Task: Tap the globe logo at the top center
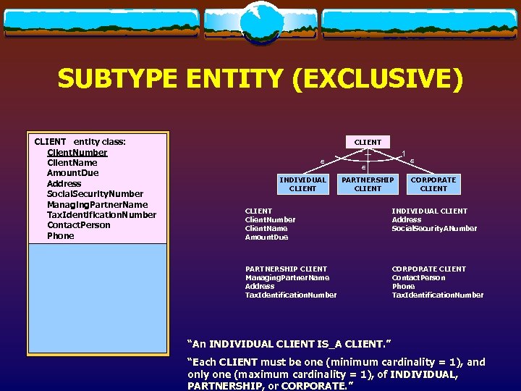point(260,22)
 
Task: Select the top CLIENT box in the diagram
point(368,142)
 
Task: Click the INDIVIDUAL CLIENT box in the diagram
point(302,184)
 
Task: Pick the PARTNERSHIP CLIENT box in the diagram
point(368,184)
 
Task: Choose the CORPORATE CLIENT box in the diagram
point(433,184)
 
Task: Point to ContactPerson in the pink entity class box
point(78,225)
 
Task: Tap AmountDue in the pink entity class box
point(72,173)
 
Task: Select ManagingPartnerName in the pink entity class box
point(97,205)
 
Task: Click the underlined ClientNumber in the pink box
point(77,153)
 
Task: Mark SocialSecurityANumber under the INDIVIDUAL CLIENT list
point(434,229)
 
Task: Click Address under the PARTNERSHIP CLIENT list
point(260,287)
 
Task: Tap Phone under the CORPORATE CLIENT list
point(403,287)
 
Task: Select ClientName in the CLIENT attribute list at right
point(266,229)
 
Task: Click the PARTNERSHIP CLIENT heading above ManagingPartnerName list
point(286,269)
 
